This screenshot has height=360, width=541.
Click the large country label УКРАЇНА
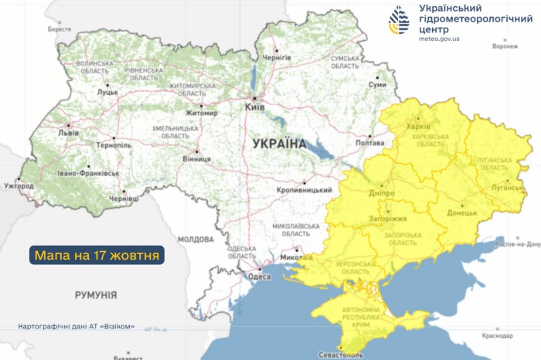point(279,144)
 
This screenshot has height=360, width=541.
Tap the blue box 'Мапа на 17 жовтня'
point(97,255)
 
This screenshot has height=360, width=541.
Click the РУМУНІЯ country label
point(96,295)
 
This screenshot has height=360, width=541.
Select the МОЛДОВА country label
point(196,239)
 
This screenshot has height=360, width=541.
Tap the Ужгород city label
point(19,186)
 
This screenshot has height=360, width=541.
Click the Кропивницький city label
point(305,190)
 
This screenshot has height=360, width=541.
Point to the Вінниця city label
point(197,159)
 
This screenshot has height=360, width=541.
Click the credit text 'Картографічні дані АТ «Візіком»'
point(76,326)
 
